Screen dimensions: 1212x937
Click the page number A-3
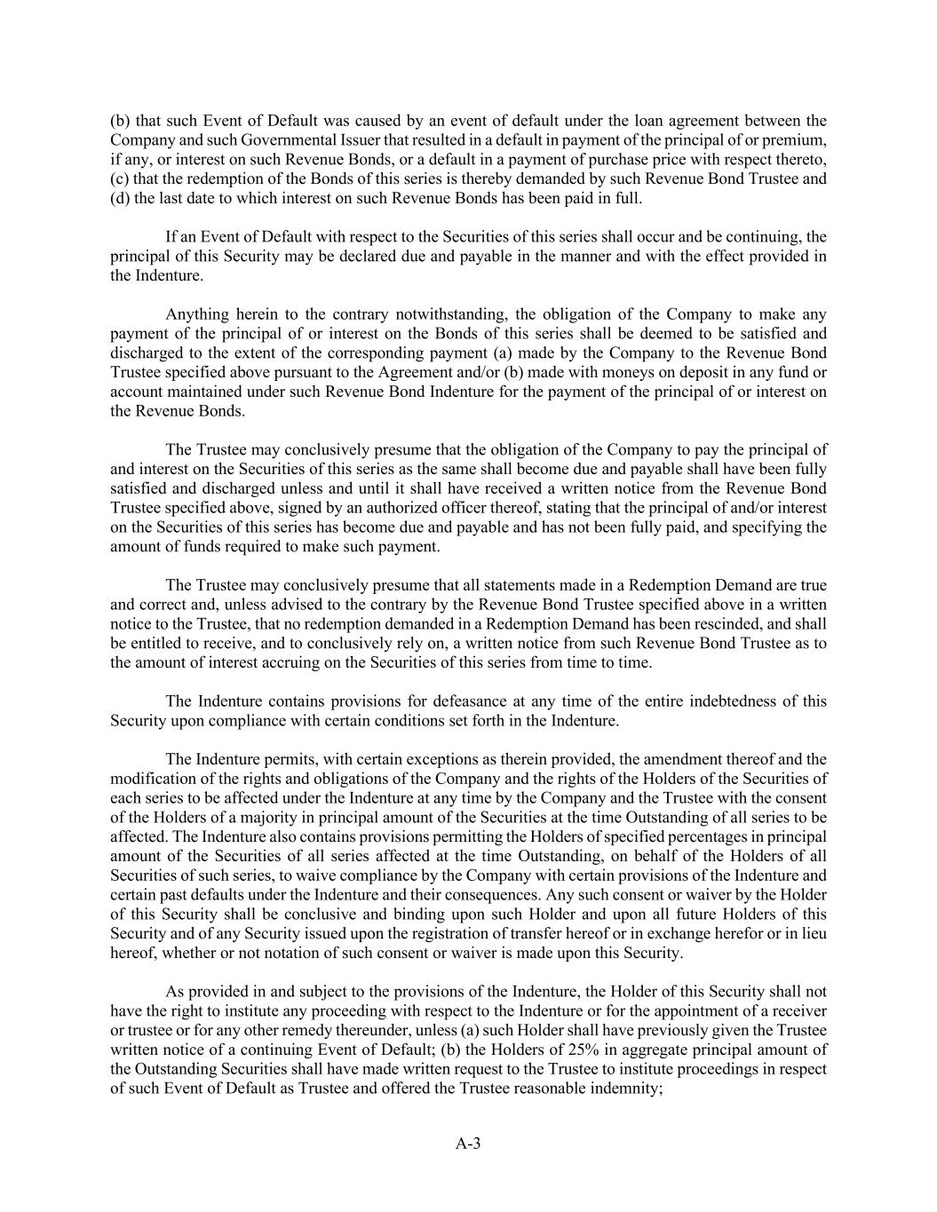point(468,1144)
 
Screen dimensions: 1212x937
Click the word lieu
point(814,933)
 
